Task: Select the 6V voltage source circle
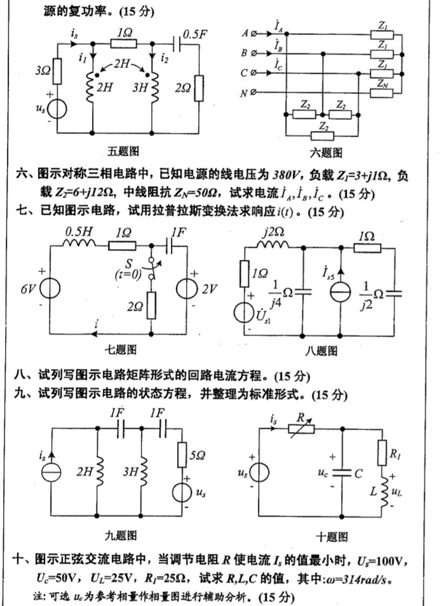(x=53, y=290)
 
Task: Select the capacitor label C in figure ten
(x=360, y=475)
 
